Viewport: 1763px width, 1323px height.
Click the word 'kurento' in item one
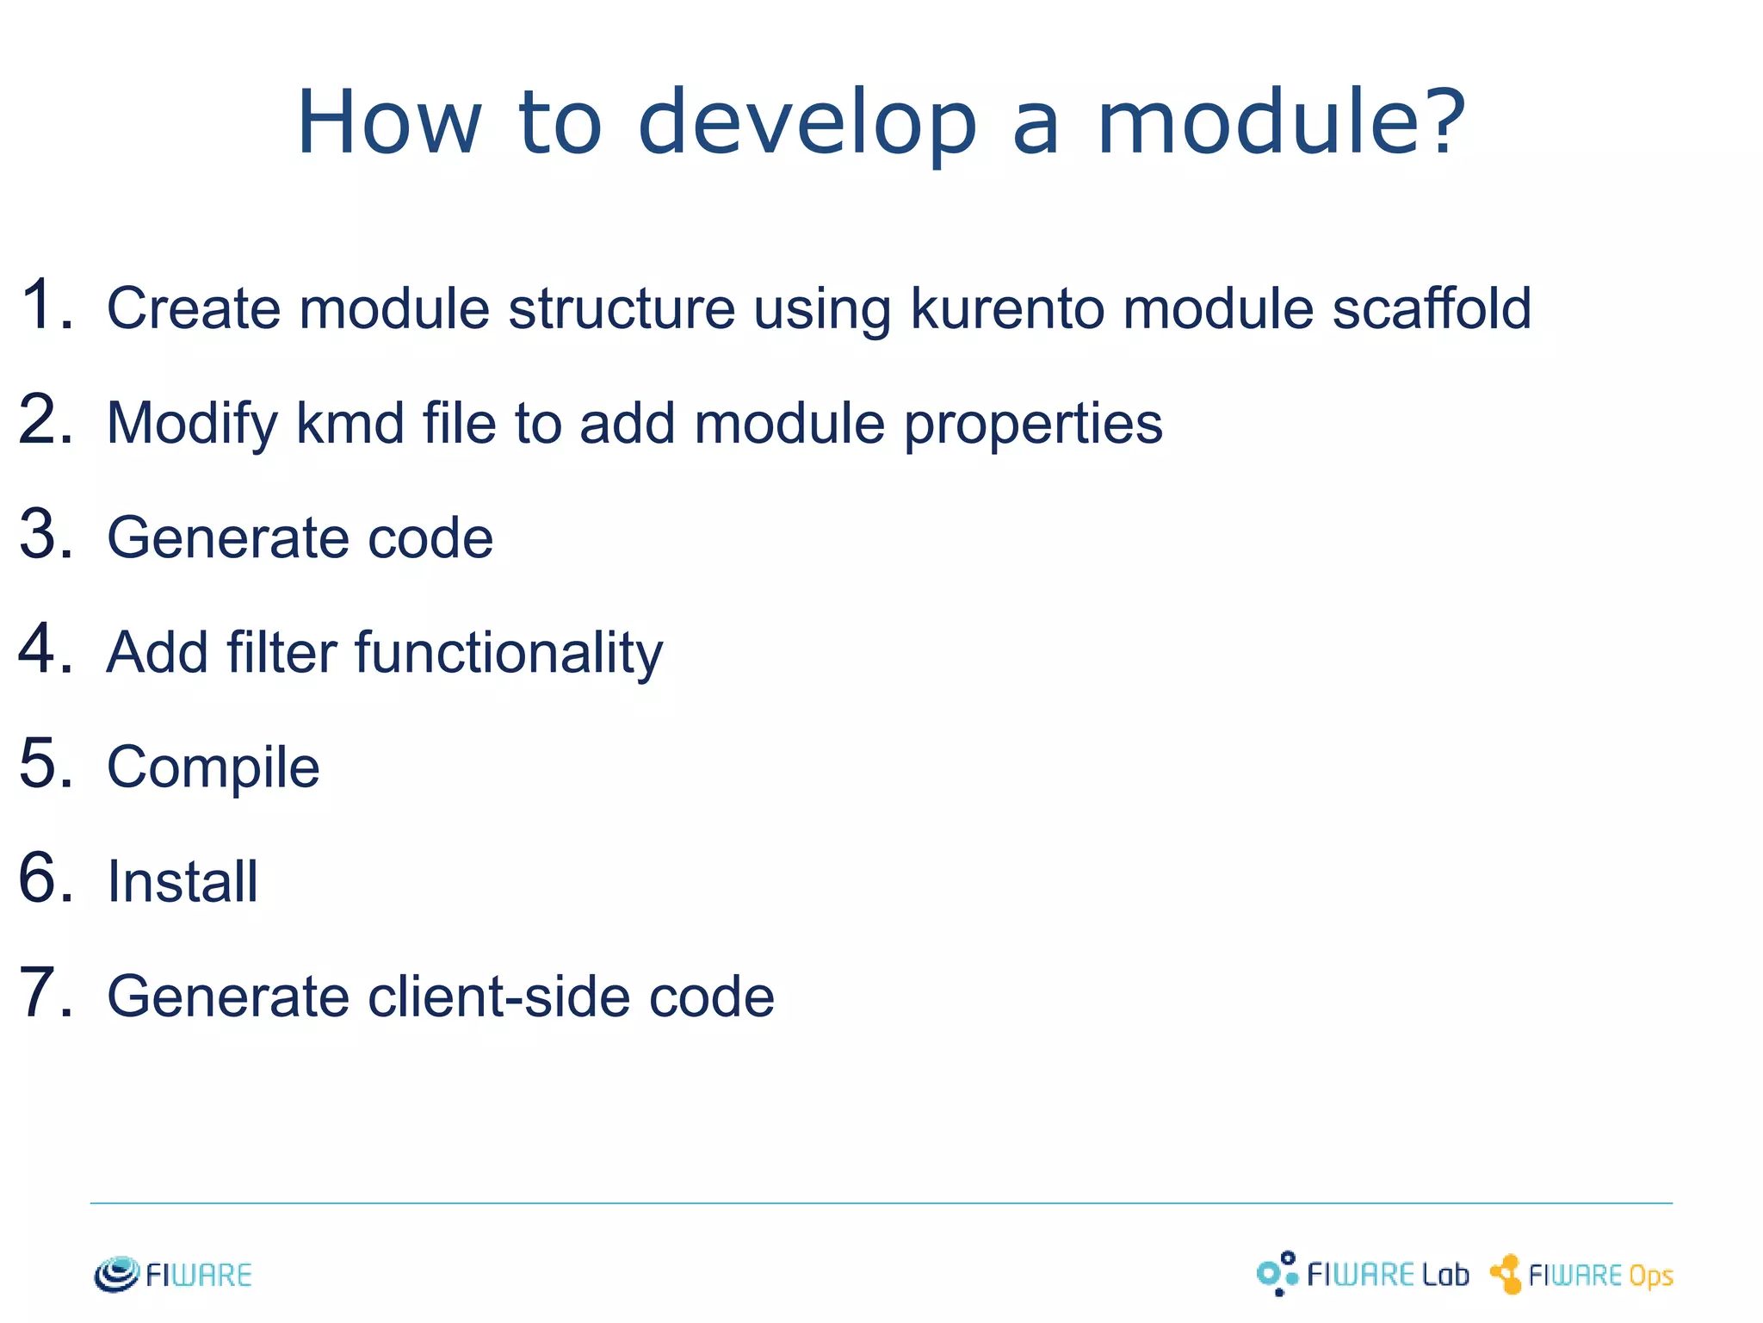tap(1007, 308)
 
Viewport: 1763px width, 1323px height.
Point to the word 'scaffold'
tap(1432, 308)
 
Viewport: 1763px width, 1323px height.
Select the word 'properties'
tap(1033, 425)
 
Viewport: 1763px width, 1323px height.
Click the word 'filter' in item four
tap(281, 652)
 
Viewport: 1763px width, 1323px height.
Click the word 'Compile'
tap(213, 767)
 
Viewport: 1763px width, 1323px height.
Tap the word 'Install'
tap(182, 882)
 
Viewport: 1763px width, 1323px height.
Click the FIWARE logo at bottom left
tap(173, 1274)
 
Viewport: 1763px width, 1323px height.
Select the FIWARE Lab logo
tap(1363, 1274)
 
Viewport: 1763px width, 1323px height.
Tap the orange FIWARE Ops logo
tap(1582, 1274)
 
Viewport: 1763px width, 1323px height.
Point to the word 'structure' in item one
tap(622, 308)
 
